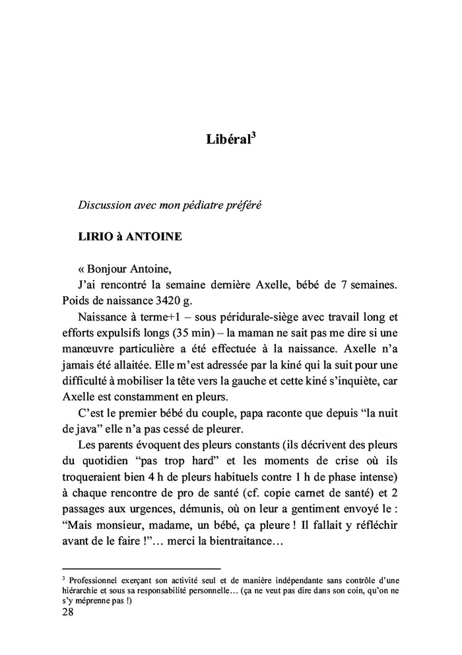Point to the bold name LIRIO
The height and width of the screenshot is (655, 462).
point(94,236)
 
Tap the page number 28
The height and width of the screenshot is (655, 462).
point(67,611)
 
